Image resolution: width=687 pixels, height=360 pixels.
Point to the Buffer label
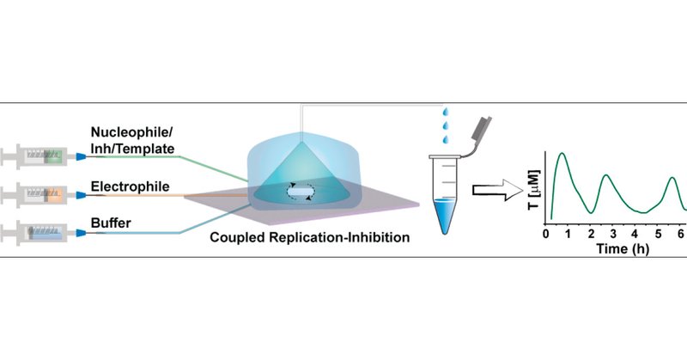point(111,223)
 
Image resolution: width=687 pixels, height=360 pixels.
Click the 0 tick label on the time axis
point(547,234)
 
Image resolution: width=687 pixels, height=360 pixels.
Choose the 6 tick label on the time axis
point(680,234)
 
